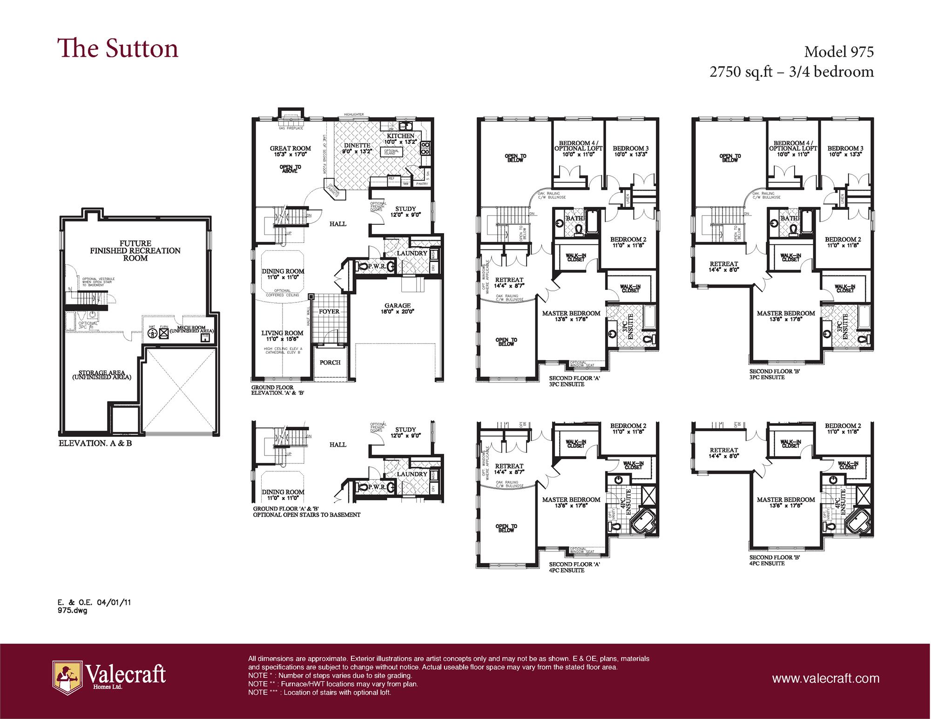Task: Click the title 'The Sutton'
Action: click(x=118, y=49)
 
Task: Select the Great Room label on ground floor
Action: click(x=290, y=148)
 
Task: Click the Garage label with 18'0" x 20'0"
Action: click(x=398, y=306)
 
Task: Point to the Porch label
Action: click(x=330, y=362)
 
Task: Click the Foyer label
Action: click(x=329, y=311)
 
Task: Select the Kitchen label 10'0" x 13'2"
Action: click(x=400, y=136)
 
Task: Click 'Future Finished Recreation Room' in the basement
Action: click(x=135, y=250)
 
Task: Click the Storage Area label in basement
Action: click(x=101, y=375)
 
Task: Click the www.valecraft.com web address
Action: click(x=826, y=678)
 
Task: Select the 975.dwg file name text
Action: click(x=73, y=611)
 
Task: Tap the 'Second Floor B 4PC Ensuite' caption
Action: click(x=774, y=560)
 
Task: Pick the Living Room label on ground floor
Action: click(x=282, y=333)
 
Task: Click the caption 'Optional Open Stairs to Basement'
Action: click(x=306, y=515)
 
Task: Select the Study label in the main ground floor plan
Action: click(x=405, y=209)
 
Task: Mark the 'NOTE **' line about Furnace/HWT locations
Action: click(x=333, y=684)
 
